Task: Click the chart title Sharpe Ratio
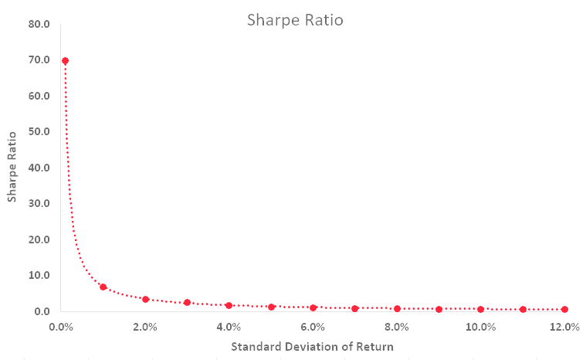295,20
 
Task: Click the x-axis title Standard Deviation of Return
312,347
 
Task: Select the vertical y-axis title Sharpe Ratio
12,167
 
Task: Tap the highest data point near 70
65,61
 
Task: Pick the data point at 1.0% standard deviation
103,287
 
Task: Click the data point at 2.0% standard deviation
146,300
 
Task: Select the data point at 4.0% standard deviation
229,305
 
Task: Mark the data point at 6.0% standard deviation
313,307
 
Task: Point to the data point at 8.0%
398,309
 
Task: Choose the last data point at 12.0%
564,310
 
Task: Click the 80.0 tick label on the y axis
39,24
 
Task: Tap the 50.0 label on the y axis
39,131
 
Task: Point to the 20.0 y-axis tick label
39,239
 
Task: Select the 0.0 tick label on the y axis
42,311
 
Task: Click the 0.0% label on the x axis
61,328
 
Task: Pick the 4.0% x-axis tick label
229,328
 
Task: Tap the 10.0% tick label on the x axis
480,328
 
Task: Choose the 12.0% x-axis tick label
564,328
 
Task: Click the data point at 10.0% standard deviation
480,310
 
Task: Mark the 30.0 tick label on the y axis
39,203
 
